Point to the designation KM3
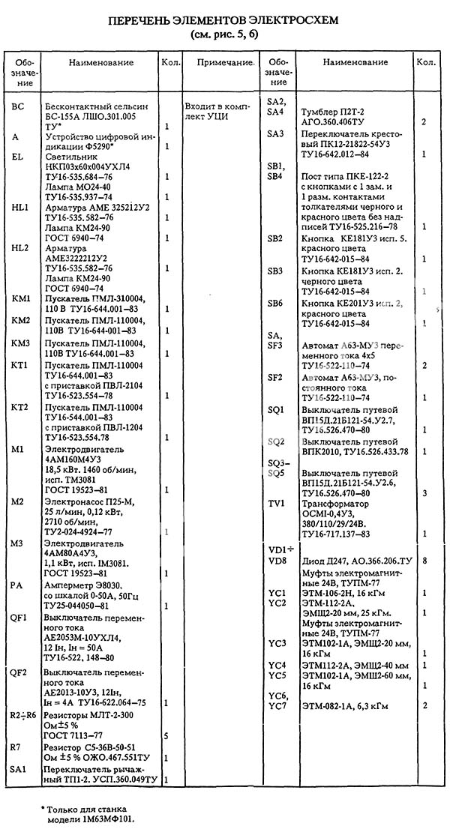(21, 343)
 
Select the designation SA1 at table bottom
(19, 771)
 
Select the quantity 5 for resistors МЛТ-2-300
(165, 737)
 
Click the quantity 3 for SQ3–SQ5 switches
(424, 493)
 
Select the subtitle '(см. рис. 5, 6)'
(225, 35)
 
